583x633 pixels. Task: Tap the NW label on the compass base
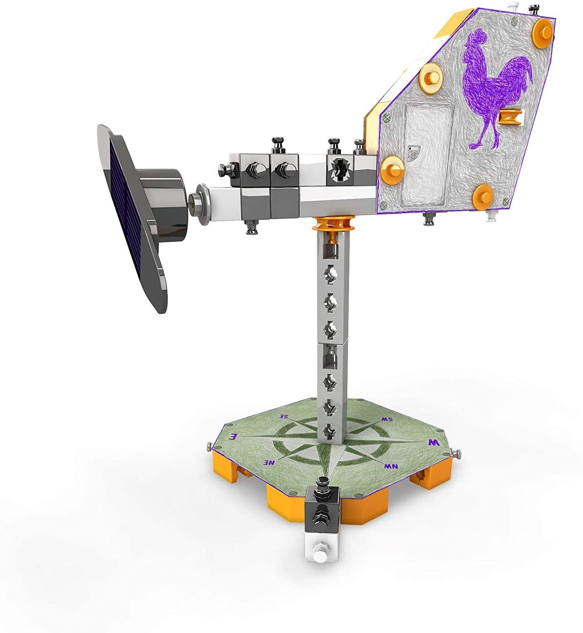[x=391, y=466]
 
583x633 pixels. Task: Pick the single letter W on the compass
[x=434, y=443]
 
